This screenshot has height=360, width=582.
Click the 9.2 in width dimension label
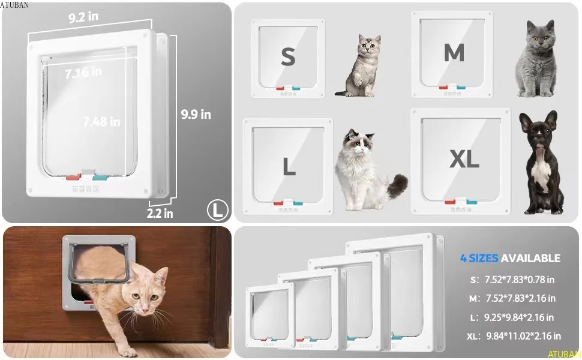(x=83, y=17)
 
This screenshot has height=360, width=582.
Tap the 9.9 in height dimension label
(x=196, y=115)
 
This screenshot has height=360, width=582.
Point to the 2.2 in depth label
(x=160, y=214)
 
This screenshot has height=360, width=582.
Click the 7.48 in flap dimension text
(x=101, y=121)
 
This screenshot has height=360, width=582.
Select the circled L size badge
(x=218, y=209)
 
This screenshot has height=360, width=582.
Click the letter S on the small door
(x=288, y=57)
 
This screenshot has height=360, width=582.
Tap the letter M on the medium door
(x=454, y=52)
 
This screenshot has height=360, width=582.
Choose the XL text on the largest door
(x=464, y=159)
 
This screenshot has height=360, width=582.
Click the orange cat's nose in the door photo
(x=145, y=309)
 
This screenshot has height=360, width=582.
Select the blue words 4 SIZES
(x=479, y=258)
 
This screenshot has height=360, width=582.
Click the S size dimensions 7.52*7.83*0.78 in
(x=519, y=280)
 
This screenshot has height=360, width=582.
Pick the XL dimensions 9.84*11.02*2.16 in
(x=523, y=336)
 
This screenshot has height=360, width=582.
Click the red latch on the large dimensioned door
(x=73, y=177)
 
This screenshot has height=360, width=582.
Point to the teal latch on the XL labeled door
(x=472, y=202)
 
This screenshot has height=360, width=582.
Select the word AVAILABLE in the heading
(x=530, y=258)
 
